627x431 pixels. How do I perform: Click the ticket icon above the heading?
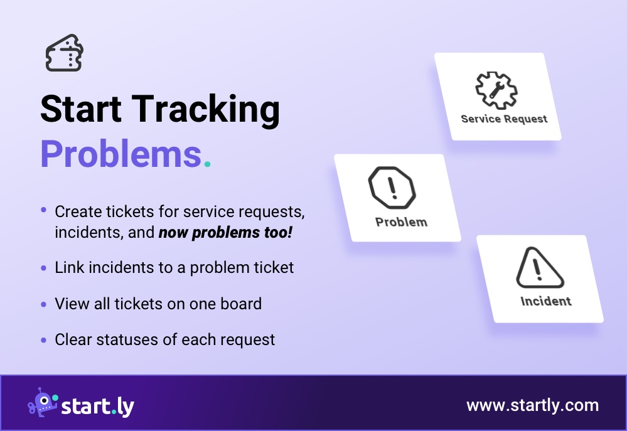click(x=65, y=53)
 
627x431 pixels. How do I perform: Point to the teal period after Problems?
click(x=207, y=164)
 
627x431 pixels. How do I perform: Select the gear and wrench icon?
click(x=496, y=91)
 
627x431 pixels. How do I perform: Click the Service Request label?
click(x=504, y=119)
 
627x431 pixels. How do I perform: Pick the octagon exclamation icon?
click(x=392, y=188)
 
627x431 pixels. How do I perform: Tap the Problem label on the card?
click(x=401, y=222)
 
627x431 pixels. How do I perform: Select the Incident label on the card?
click(x=546, y=301)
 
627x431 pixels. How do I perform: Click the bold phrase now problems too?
click(x=225, y=233)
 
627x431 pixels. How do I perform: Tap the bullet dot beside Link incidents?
click(x=43, y=268)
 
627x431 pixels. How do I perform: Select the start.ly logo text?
click(x=97, y=406)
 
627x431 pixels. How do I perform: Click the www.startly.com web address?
click(x=532, y=405)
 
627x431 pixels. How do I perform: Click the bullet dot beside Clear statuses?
click(x=43, y=340)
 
